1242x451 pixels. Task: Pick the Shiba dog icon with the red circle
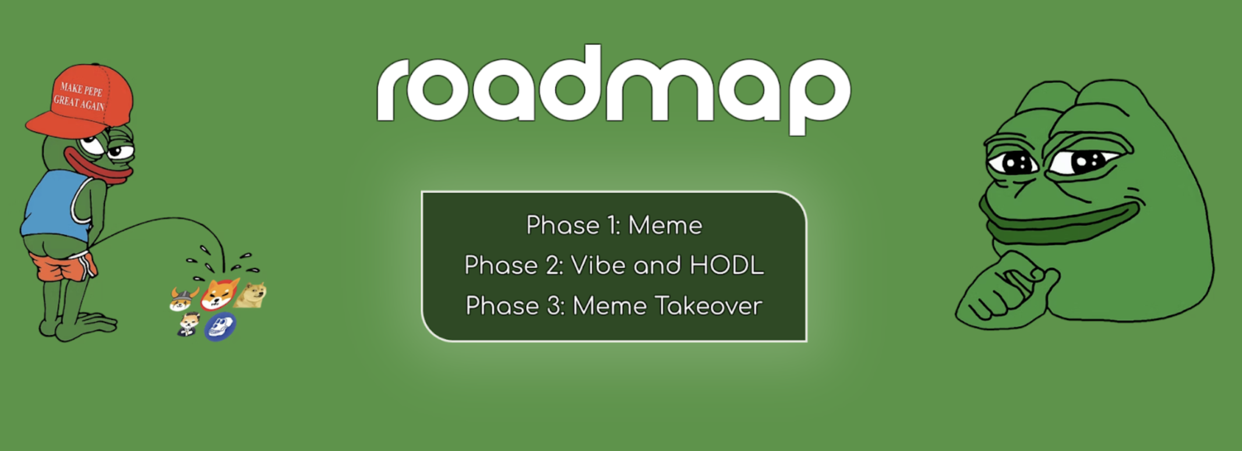(x=219, y=294)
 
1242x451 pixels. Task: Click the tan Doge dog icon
(x=251, y=294)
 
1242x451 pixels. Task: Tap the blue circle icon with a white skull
(x=220, y=327)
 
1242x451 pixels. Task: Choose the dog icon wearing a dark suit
(x=188, y=324)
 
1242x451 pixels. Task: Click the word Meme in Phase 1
(x=665, y=225)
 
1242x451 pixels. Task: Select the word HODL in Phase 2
(x=726, y=266)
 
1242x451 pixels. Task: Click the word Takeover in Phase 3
(x=708, y=306)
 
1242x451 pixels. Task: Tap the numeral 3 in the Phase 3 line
(x=553, y=306)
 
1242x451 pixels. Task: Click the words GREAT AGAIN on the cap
(x=79, y=104)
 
